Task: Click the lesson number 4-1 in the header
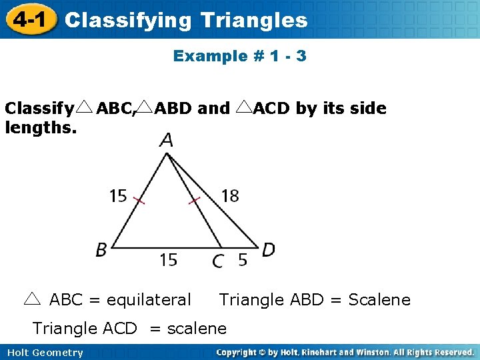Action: coord(27,19)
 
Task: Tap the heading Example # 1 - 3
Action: coord(239,56)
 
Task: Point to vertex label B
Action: coord(101,250)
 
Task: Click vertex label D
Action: coord(268,250)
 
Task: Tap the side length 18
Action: coord(229,195)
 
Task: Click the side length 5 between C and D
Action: coord(243,260)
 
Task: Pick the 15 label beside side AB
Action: coord(118,195)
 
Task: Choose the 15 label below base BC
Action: coord(168,260)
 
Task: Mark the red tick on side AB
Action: coord(139,200)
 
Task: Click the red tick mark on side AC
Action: coord(194,200)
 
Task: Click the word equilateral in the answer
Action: coord(148,300)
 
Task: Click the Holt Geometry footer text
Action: coord(43,353)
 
